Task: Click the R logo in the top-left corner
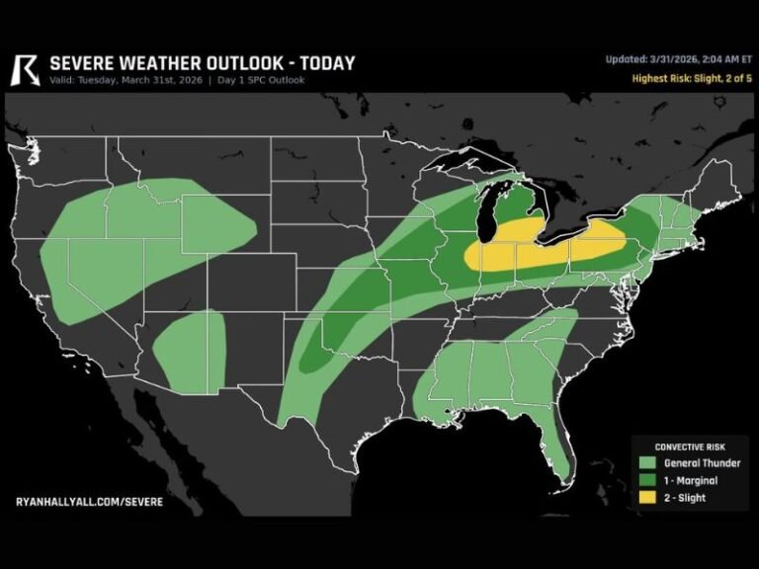tap(25, 69)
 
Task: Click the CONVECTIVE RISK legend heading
tap(689, 447)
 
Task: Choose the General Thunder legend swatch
tap(649, 462)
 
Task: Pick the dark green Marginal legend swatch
tap(649, 480)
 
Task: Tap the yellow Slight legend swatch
tap(649, 497)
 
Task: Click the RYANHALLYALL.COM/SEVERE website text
tap(90, 502)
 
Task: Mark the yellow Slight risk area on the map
tap(553, 252)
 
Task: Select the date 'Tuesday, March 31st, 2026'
tap(141, 81)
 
